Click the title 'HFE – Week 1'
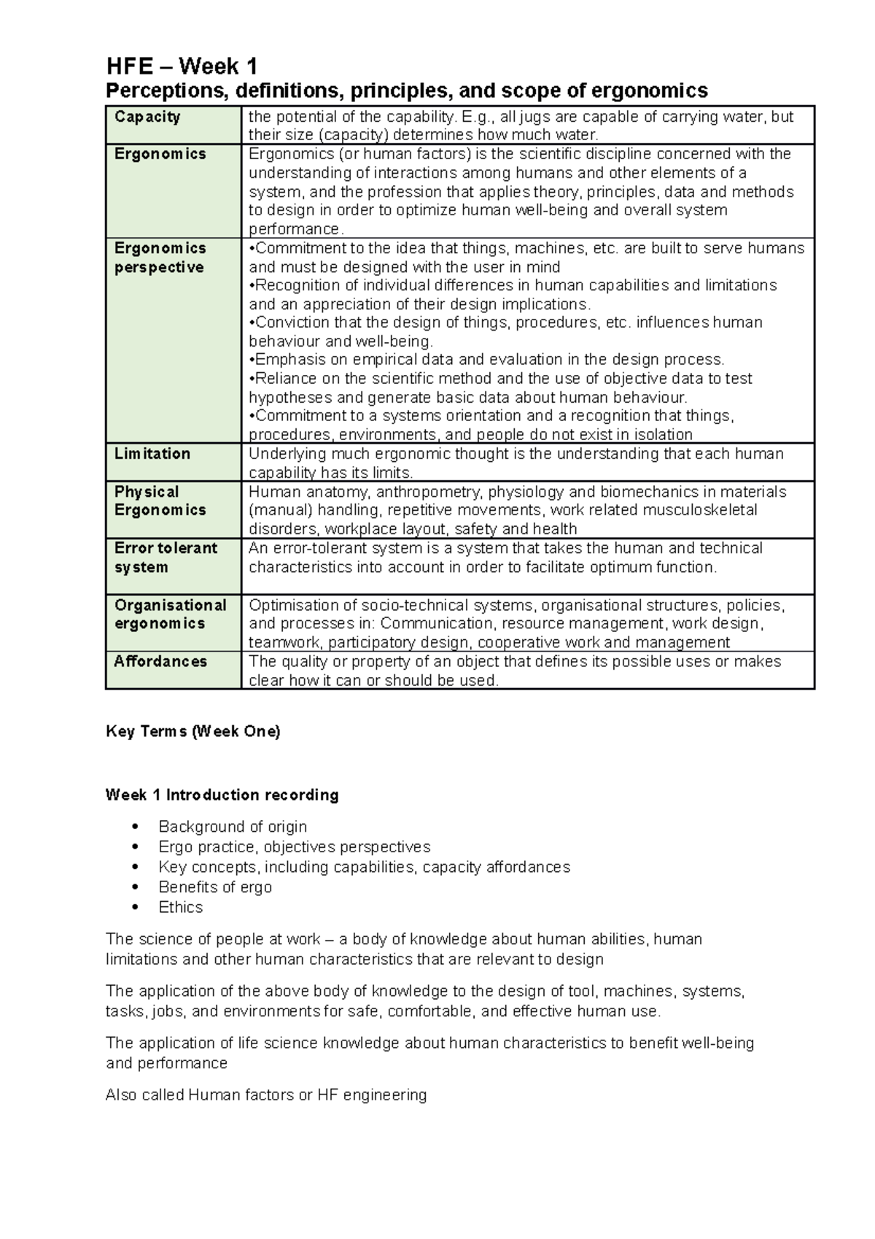click(x=182, y=66)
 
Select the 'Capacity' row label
click(x=147, y=117)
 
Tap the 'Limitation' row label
click(x=152, y=454)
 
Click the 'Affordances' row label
click(x=160, y=661)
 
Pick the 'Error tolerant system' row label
click(x=166, y=557)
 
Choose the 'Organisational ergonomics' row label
click(x=170, y=614)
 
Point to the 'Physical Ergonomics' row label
click(x=160, y=501)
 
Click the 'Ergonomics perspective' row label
click(x=160, y=258)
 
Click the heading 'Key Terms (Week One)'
click(x=192, y=731)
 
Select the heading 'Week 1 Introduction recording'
click(x=222, y=795)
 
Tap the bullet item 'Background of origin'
click(x=233, y=827)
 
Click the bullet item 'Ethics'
click(x=181, y=907)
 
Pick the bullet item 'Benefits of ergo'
click(x=215, y=887)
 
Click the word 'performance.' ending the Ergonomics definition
click(x=295, y=229)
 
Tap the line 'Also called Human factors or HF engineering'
click(x=266, y=1095)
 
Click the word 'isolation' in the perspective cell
click(x=663, y=435)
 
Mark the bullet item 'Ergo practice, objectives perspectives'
click(x=295, y=847)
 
